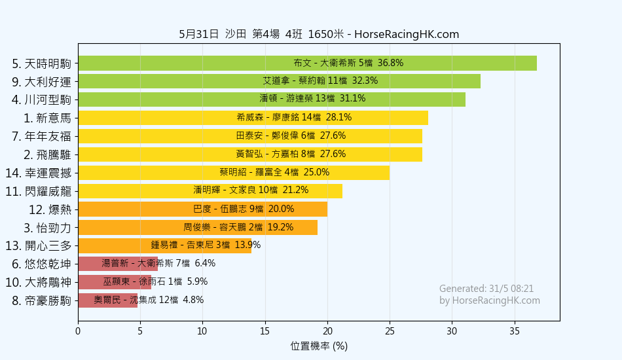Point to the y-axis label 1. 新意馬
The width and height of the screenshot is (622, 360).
click(46, 118)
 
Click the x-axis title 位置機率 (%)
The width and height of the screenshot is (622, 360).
click(319, 346)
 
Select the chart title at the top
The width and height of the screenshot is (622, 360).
click(319, 34)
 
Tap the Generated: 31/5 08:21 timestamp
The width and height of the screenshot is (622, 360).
click(486, 289)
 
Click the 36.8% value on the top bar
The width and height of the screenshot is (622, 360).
click(391, 63)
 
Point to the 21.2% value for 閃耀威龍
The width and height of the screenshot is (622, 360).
click(295, 190)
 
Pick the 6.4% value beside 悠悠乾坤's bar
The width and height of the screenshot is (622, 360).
click(205, 264)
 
